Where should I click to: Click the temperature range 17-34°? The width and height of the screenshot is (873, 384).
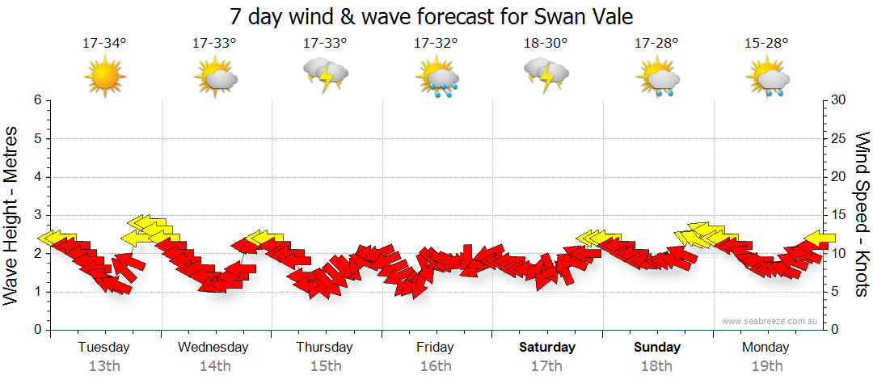104,43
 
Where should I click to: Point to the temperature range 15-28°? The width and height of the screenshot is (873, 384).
766,43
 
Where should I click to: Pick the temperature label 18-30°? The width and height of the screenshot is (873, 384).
546,43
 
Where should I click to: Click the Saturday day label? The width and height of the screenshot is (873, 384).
547,348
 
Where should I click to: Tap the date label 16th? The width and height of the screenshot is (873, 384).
436,366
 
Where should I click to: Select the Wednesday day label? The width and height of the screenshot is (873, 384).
213,348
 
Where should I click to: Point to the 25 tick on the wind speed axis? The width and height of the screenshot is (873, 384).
839,139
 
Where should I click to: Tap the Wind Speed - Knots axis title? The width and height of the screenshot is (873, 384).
862,214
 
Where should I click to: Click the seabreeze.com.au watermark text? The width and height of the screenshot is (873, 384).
771,321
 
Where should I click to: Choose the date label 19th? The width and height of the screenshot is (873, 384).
766,366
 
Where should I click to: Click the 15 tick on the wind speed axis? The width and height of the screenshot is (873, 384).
839,216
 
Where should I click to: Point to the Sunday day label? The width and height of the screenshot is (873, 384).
656,348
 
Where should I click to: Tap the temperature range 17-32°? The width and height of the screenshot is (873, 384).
436,43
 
